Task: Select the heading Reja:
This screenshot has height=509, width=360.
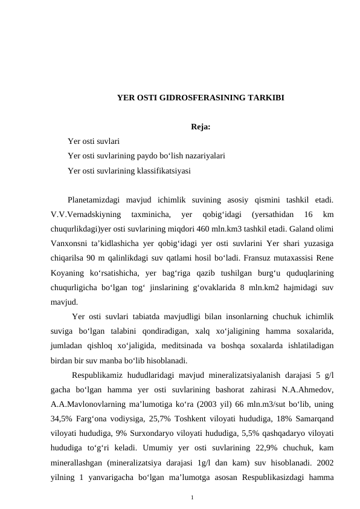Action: [x=201, y=127]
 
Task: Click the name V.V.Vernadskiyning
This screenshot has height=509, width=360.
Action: [x=84, y=215]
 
